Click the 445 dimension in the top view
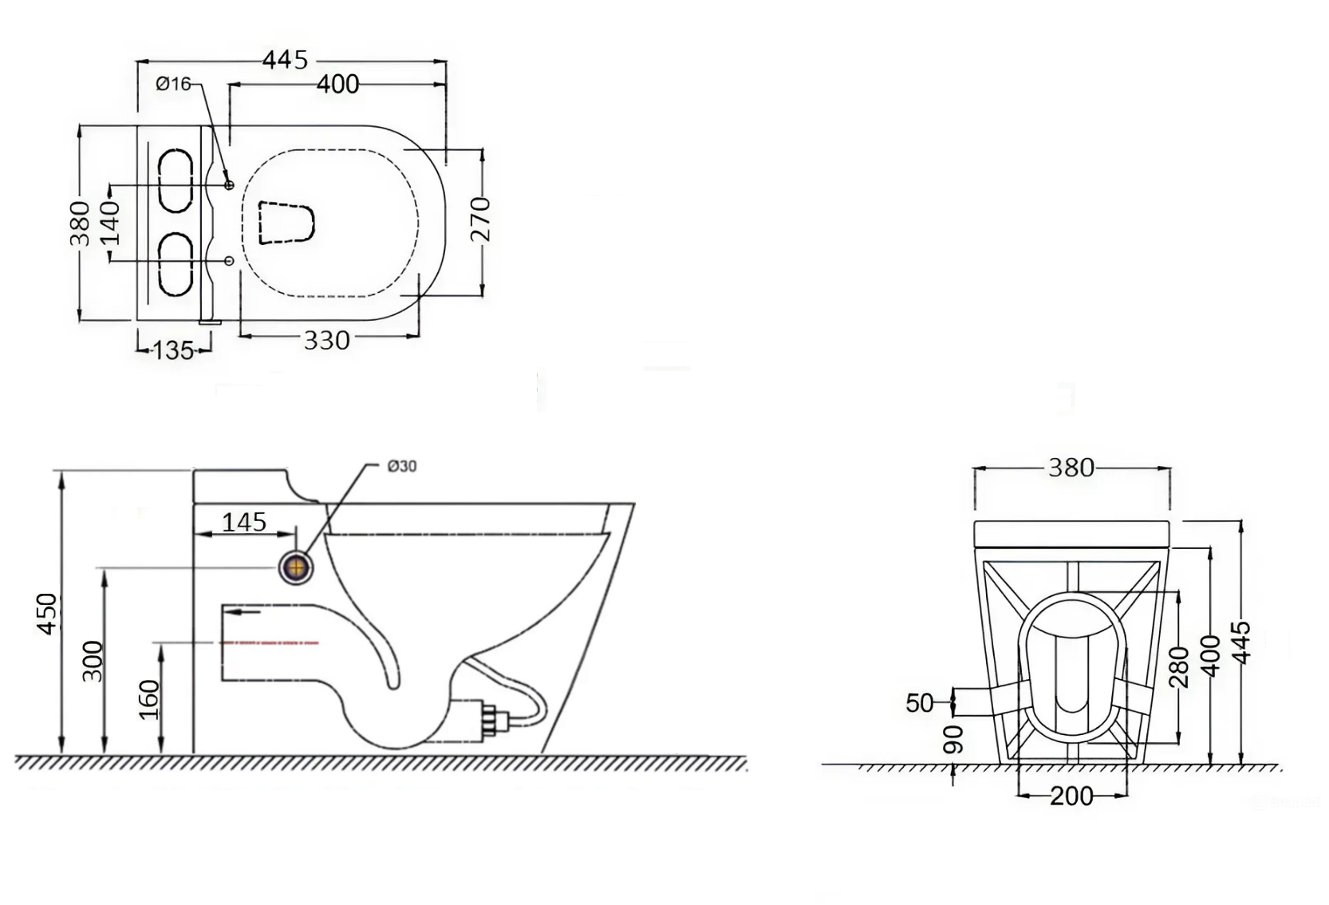286,60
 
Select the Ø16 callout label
173,85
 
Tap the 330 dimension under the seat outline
326,341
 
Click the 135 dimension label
173,350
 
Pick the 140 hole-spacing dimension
110,223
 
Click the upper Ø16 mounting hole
230,185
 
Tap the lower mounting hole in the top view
230,260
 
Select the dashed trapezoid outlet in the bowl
286,223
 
